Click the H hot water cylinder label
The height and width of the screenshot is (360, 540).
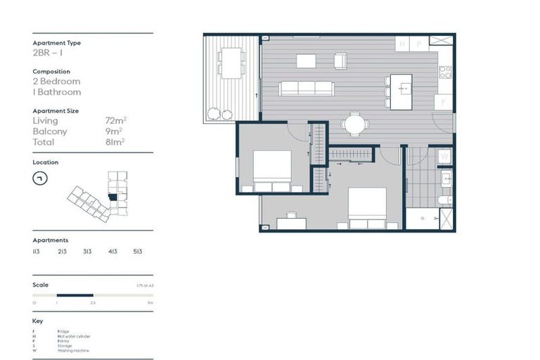403,44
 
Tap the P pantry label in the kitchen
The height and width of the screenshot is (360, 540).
418,44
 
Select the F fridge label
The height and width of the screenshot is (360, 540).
443,102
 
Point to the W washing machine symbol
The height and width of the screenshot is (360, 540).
444,156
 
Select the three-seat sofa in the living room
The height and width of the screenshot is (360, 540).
305,88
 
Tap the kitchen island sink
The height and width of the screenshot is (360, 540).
403,88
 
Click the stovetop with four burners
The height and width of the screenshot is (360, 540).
445,72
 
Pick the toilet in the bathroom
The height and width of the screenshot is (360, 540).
444,200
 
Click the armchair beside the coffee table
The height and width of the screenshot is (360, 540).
340,61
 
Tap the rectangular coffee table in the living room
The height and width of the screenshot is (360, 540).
306,61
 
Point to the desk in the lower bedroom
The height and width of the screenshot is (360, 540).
291,224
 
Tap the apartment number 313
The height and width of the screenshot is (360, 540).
87,251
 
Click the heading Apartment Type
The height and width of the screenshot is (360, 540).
56,43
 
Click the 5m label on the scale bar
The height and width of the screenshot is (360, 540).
150,302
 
